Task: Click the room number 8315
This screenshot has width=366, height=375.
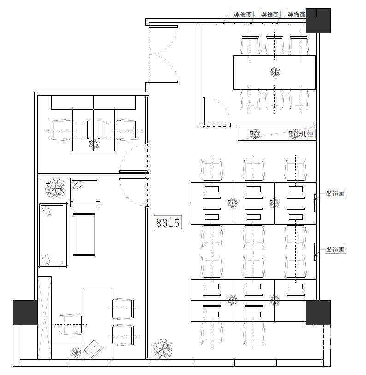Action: [168, 223]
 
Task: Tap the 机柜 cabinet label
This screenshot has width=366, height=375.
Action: [307, 133]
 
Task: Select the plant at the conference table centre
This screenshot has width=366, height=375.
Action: [275, 72]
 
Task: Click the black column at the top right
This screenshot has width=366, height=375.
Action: [318, 21]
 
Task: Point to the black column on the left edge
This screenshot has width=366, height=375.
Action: [25, 313]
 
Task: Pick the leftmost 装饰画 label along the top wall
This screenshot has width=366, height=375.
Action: [242, 15]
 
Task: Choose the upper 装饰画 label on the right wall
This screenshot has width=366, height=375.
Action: [335, 193]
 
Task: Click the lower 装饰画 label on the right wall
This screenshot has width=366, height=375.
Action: [335, 250]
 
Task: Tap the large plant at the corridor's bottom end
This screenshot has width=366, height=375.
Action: [163, 348]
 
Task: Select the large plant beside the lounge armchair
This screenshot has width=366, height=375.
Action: [55, 188]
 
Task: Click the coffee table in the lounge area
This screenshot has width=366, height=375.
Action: [84, 235]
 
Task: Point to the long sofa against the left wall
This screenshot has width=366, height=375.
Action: [53, 235]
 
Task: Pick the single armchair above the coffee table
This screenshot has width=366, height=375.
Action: [84, 192]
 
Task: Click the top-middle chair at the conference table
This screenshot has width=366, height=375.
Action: [275, 46]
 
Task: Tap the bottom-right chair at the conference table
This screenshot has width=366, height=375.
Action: [299, 99]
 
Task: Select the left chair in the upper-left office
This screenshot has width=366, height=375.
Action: [60, 130]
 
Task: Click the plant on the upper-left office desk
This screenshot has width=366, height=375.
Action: [94, 144]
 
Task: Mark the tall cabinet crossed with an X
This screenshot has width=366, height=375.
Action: [45, 318]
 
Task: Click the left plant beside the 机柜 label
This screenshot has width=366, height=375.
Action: [255, 134]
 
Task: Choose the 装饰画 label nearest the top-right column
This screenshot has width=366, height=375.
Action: [296, 15]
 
